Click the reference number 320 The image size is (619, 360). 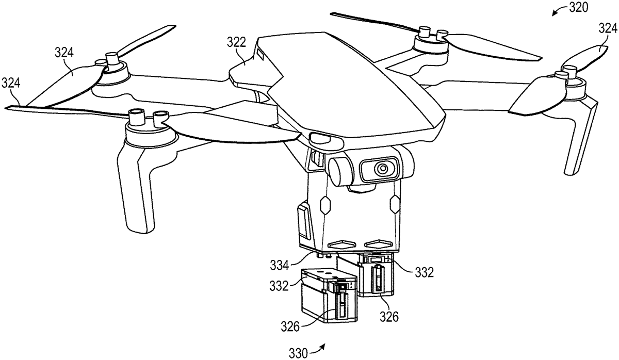coord(578,8)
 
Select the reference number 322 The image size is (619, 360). coord(236,42)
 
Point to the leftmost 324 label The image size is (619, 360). coord(11,83)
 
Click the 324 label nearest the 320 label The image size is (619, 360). coord(608,28)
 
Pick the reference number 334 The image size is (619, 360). coord(280,265)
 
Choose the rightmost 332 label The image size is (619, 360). coord(424,272)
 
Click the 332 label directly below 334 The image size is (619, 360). coord(279,286)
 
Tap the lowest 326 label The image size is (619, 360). coord(290,327)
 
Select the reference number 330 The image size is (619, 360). coord(298,353)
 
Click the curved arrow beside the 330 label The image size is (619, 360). coord(317,349)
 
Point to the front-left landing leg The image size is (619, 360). coord(136,188)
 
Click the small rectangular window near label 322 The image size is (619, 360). coord(260,54)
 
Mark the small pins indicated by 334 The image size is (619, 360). coord(324,255)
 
